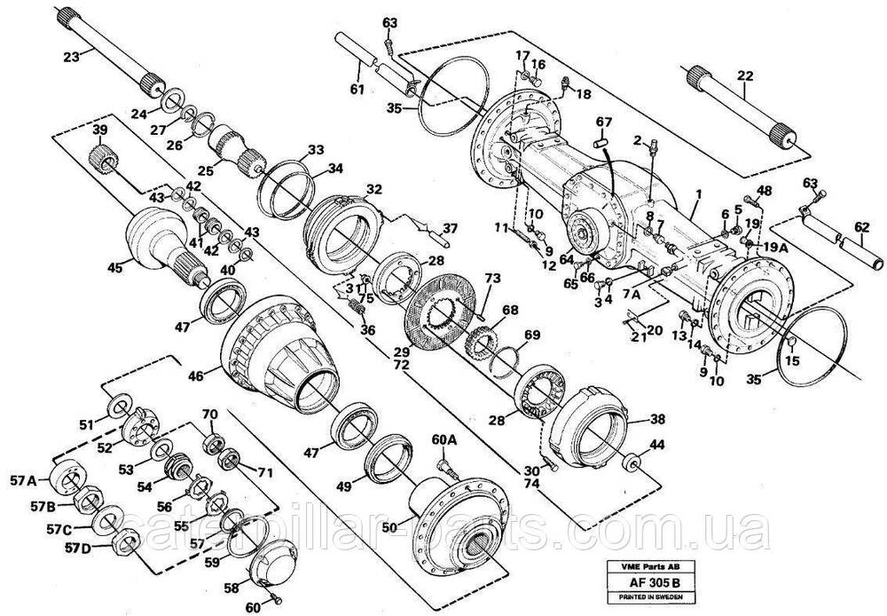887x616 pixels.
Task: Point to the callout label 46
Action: click(195, 376)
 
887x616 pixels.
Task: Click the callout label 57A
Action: click(25, 481)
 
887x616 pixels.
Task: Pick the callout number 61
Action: click(357, 89)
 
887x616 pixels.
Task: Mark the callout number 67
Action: click(604, 122)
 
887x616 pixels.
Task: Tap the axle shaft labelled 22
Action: click(741, 105)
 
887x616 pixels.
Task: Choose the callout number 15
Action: click(792, 360)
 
